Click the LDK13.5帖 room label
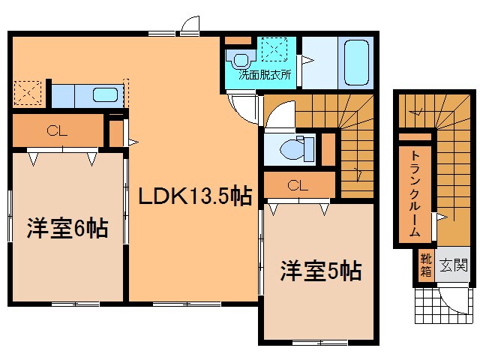click(193, 196)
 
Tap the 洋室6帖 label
click(68, 227)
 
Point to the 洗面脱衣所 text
click(265, 75)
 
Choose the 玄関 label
click(453, 265)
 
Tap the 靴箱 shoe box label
click(425, 265)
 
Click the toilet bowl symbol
click(289, 150)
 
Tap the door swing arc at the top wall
click(190, 24)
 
